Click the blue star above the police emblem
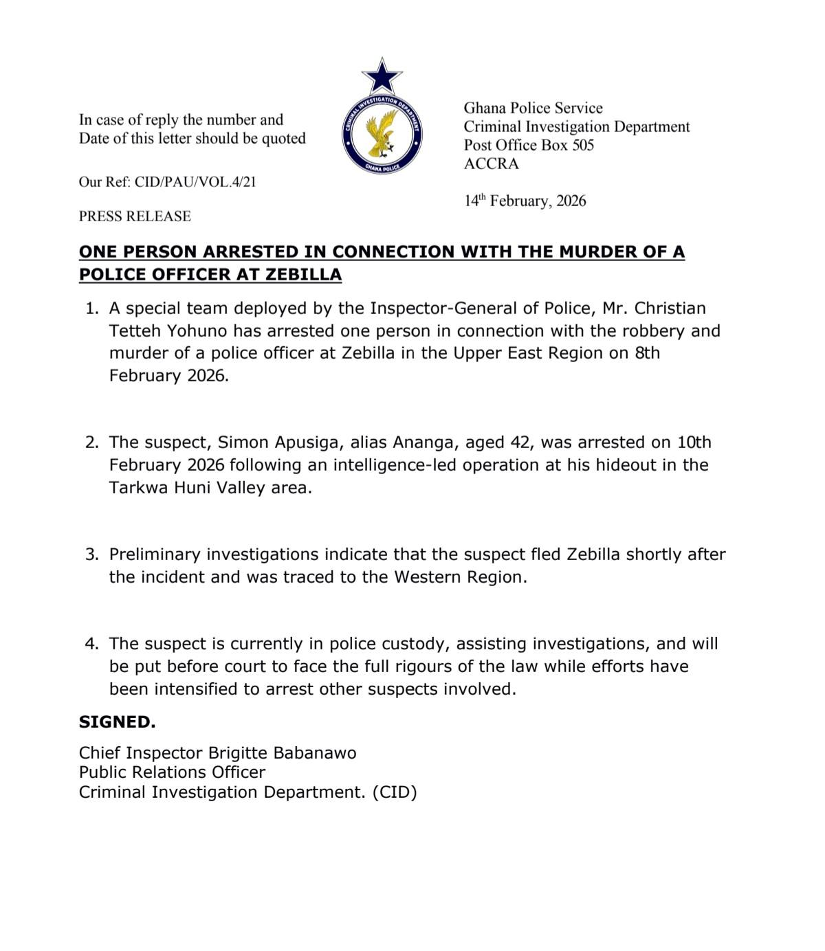click(x=382, y=76)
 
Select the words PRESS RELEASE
click(x=135, y=216)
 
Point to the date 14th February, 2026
click(x=525, y=201)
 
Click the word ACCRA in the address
click(x=491, y=164)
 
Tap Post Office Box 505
click(x=528, y=145)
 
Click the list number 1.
click(x=91, y=309)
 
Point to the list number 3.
click(x=91, y=555)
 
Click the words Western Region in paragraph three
click(x=460, y=577)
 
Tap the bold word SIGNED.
click(x=117, y=722)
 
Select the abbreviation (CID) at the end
click(x=395, y=792)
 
